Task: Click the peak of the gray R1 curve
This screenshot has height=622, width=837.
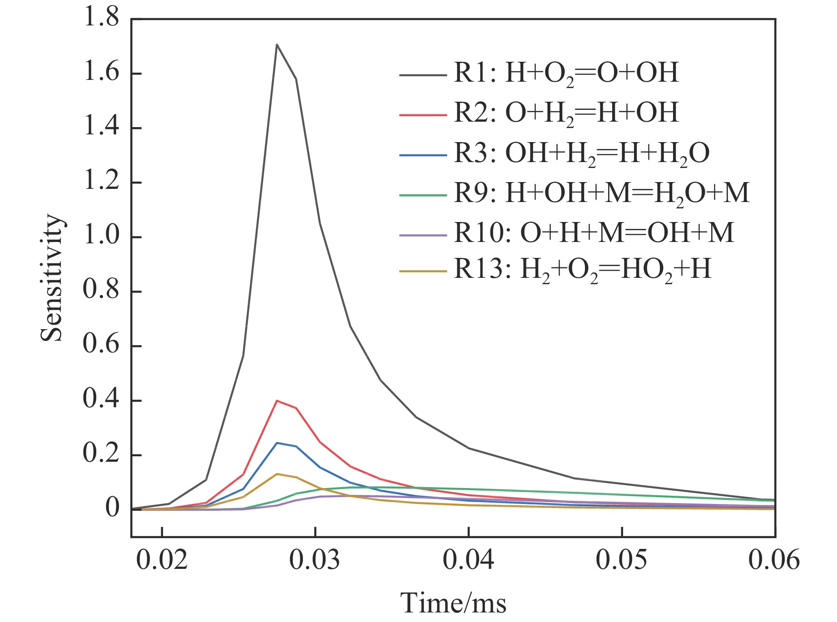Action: point(277,44)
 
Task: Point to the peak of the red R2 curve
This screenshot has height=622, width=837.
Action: point(277,400)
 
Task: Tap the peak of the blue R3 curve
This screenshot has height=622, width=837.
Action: point(277,443)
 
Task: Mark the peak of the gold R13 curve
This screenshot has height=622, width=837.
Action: point(277,474)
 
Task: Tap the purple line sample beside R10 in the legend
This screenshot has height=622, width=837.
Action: point(422,235)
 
